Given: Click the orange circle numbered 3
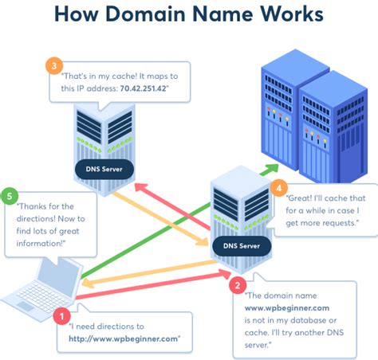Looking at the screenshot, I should point(53,65).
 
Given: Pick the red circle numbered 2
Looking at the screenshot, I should point(237,283).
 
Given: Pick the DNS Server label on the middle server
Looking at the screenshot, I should point(241,247).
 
